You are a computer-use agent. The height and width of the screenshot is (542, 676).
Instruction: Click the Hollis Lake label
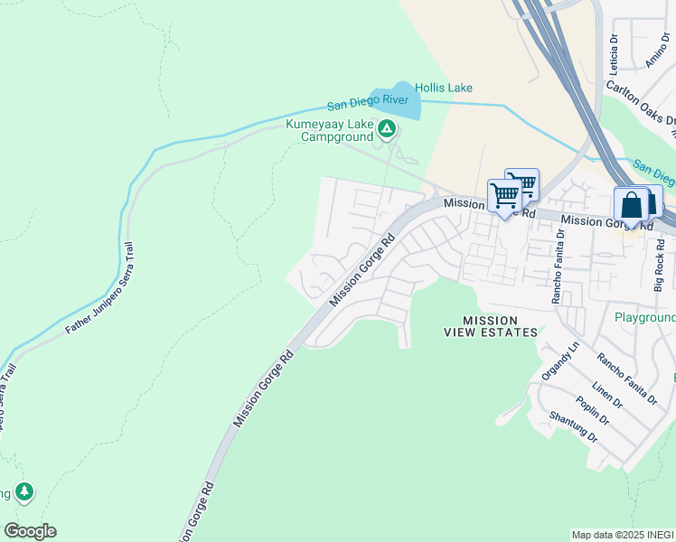coord(443,88)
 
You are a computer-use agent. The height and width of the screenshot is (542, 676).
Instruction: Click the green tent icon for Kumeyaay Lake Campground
coord(387,130)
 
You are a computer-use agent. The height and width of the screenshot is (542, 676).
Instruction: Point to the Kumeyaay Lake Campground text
coord(330,130)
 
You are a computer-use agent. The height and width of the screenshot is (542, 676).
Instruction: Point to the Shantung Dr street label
coord(573,427)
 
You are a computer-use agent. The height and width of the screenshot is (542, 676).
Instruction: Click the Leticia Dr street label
coord(614,54)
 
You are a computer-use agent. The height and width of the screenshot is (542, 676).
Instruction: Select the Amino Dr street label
coord(657,56)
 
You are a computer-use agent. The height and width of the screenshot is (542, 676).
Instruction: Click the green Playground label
coord(644,318)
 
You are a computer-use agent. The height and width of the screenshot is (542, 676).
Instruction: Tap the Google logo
coord(30,531)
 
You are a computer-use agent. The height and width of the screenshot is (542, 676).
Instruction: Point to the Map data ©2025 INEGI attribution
coord(622,535)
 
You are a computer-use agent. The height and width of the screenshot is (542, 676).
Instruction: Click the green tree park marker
coord(24,492)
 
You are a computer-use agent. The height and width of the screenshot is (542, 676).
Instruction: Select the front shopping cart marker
coord(504,195)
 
